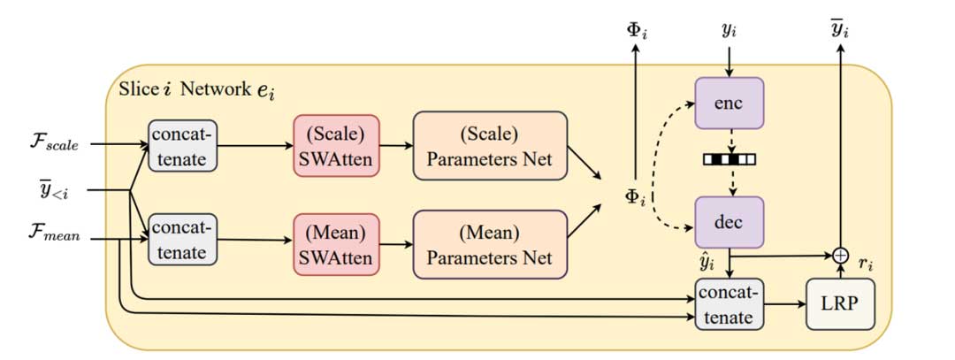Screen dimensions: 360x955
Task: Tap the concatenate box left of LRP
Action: click(x=728, y=303)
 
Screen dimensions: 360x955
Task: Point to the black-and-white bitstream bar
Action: click(x=729, y=160)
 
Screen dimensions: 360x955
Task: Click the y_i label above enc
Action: click(x=729, y=33)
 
